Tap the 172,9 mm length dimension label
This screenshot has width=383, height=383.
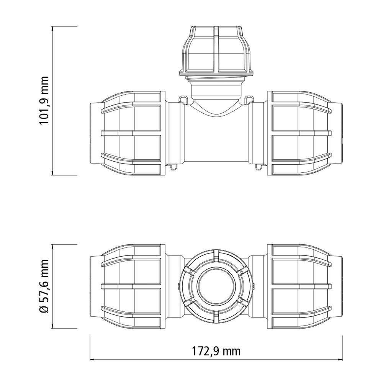[x=216, y=351]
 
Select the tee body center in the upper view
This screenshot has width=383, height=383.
[x=216, y=138]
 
